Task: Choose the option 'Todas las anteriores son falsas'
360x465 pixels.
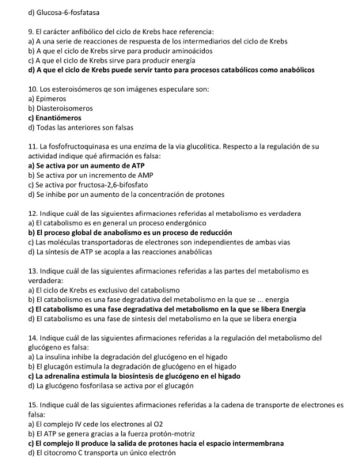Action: click(x=76, y=128)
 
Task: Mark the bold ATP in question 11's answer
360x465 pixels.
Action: click(x=137, y=165)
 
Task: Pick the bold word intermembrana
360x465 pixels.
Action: click(x=256, y=443)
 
